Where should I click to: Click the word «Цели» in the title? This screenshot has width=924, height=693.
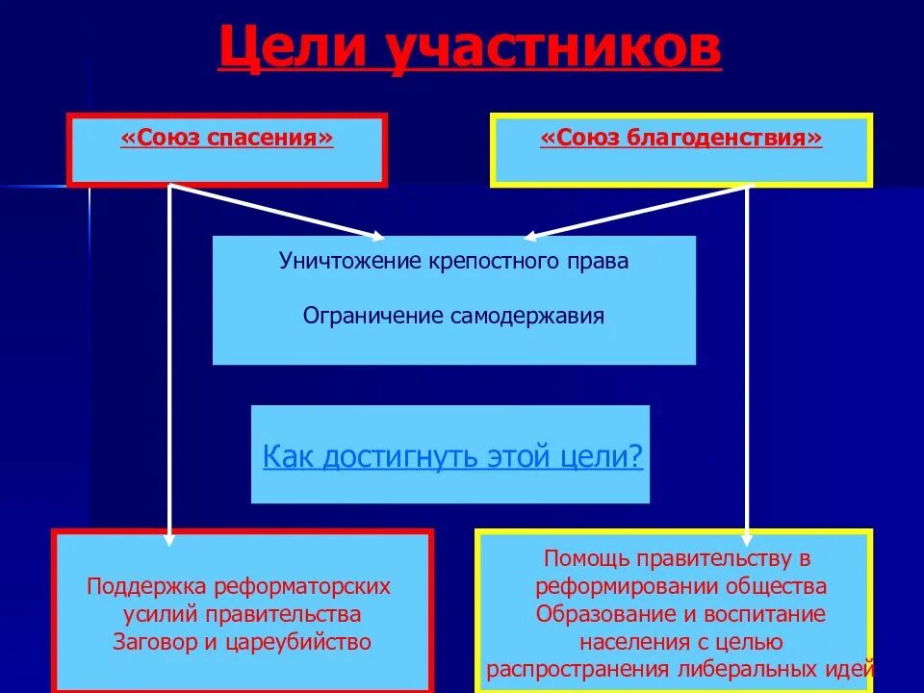(291, 50)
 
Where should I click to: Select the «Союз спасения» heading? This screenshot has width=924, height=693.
(227, 139)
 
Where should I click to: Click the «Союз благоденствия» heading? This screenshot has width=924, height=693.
(681, 139)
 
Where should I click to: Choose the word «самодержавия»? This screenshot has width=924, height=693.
(527, 316)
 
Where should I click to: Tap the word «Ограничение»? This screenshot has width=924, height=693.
(372, 316)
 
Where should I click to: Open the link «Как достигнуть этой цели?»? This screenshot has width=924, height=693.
(452, 455)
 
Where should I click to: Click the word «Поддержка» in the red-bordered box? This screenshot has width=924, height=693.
(146, 586)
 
